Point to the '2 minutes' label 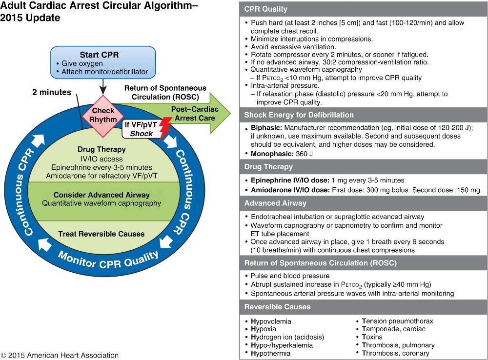click(x=52, y=92)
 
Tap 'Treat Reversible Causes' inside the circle click(x=102, y=234)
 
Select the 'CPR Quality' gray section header click(x=265, y=9)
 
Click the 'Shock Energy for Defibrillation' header click(x=299, y=115)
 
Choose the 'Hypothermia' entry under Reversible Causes click(x=271, y=353)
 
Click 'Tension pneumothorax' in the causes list click(x=397, y=321)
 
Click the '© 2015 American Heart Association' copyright click(x=60, y=355)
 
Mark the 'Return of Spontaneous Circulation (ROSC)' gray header click(x=320, y=262)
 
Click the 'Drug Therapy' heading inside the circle click(x=102, y=149)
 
